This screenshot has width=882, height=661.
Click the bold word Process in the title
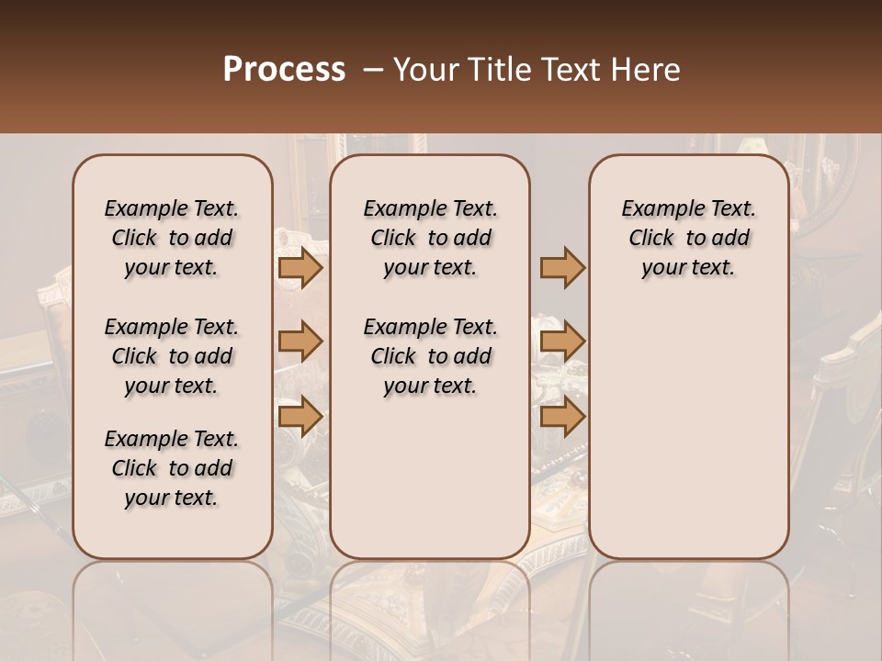click(x=284, y=70)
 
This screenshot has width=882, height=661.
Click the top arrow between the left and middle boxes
click(x=300, y=267)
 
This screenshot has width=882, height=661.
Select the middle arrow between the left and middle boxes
click(x=300, y=342)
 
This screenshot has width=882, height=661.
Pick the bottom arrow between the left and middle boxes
click(x=300, y=416)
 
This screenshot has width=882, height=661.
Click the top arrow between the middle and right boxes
click(x=562, y=267)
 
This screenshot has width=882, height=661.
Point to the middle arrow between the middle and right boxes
click(x=562, y=342)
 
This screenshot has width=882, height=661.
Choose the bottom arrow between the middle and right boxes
click(x=562, y=416)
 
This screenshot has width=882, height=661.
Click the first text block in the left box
click(x=172, y=238)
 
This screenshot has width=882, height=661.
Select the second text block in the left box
click(x=172, y=356)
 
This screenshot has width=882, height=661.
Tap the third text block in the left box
click(x=172, y=468)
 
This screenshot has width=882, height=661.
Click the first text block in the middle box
click(x=430, y=238)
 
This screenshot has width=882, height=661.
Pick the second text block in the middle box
click(x=430, y=356)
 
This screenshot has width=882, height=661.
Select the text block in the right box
click(x=689, y=238)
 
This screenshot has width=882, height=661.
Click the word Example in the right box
click(x=656, y=209)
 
